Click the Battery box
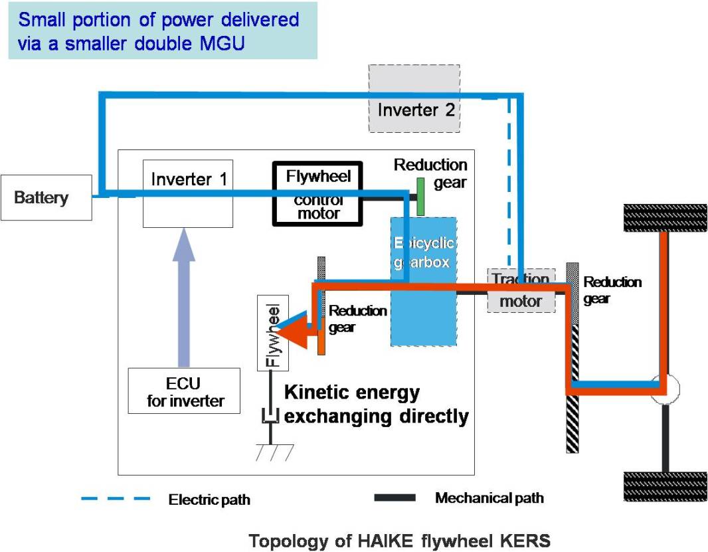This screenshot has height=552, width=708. click(46, 197)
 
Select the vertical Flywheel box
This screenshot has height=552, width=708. click(273, 333)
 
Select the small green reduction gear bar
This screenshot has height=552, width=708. click(420, 197)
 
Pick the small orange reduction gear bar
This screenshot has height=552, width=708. click(321, 335)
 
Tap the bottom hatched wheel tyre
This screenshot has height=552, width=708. click(664, 486)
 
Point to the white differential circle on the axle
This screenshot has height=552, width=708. click(664, 389)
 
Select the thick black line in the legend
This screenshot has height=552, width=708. click(395, 498)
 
